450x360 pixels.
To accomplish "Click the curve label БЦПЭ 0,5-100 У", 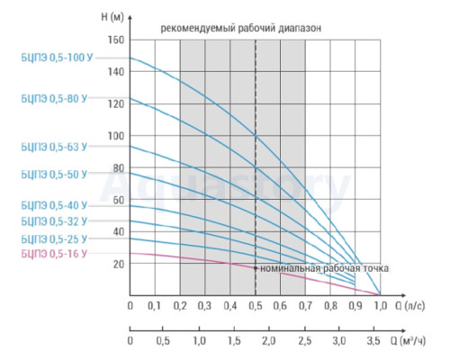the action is point(57,58).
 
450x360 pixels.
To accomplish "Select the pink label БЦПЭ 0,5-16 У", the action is point(54,254).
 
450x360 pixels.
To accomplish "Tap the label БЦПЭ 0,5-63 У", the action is point(54,147).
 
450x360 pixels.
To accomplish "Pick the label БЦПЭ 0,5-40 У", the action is point(54,205).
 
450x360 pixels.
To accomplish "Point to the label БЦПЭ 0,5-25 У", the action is point(54,239).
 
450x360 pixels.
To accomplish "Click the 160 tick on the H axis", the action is point(116,40).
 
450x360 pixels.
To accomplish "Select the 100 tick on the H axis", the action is point(116,136).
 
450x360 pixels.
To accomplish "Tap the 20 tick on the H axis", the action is point(119,264).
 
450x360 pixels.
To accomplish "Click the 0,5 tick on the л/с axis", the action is point(256,306).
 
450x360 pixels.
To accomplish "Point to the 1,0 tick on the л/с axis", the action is point(381,306).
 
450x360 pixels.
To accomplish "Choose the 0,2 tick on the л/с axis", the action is point(180,306).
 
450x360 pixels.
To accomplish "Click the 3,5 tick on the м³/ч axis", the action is point(373,341).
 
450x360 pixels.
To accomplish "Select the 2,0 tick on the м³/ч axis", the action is point(269,341).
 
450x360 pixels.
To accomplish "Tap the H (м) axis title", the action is point(112,17).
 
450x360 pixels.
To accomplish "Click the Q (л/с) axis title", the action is point(410,306).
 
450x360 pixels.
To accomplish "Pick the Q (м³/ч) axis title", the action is point(408,341).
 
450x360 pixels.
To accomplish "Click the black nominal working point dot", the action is point(256,268).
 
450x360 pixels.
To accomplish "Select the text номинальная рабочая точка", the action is point(324,268).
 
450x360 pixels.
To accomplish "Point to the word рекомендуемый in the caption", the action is point(197,28).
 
